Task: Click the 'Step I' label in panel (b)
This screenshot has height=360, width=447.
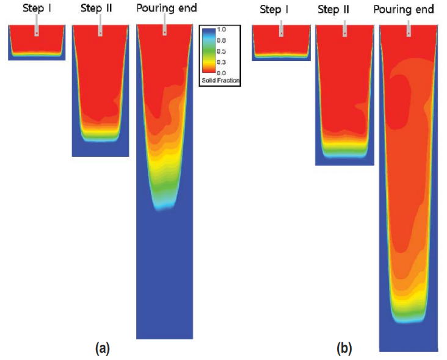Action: tap(280, 9)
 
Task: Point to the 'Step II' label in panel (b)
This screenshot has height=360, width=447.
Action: tap(344, 9)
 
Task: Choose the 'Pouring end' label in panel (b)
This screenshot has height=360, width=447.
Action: tap(408, 9)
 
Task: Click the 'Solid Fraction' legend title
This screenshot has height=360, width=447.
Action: tap(220, 81)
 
